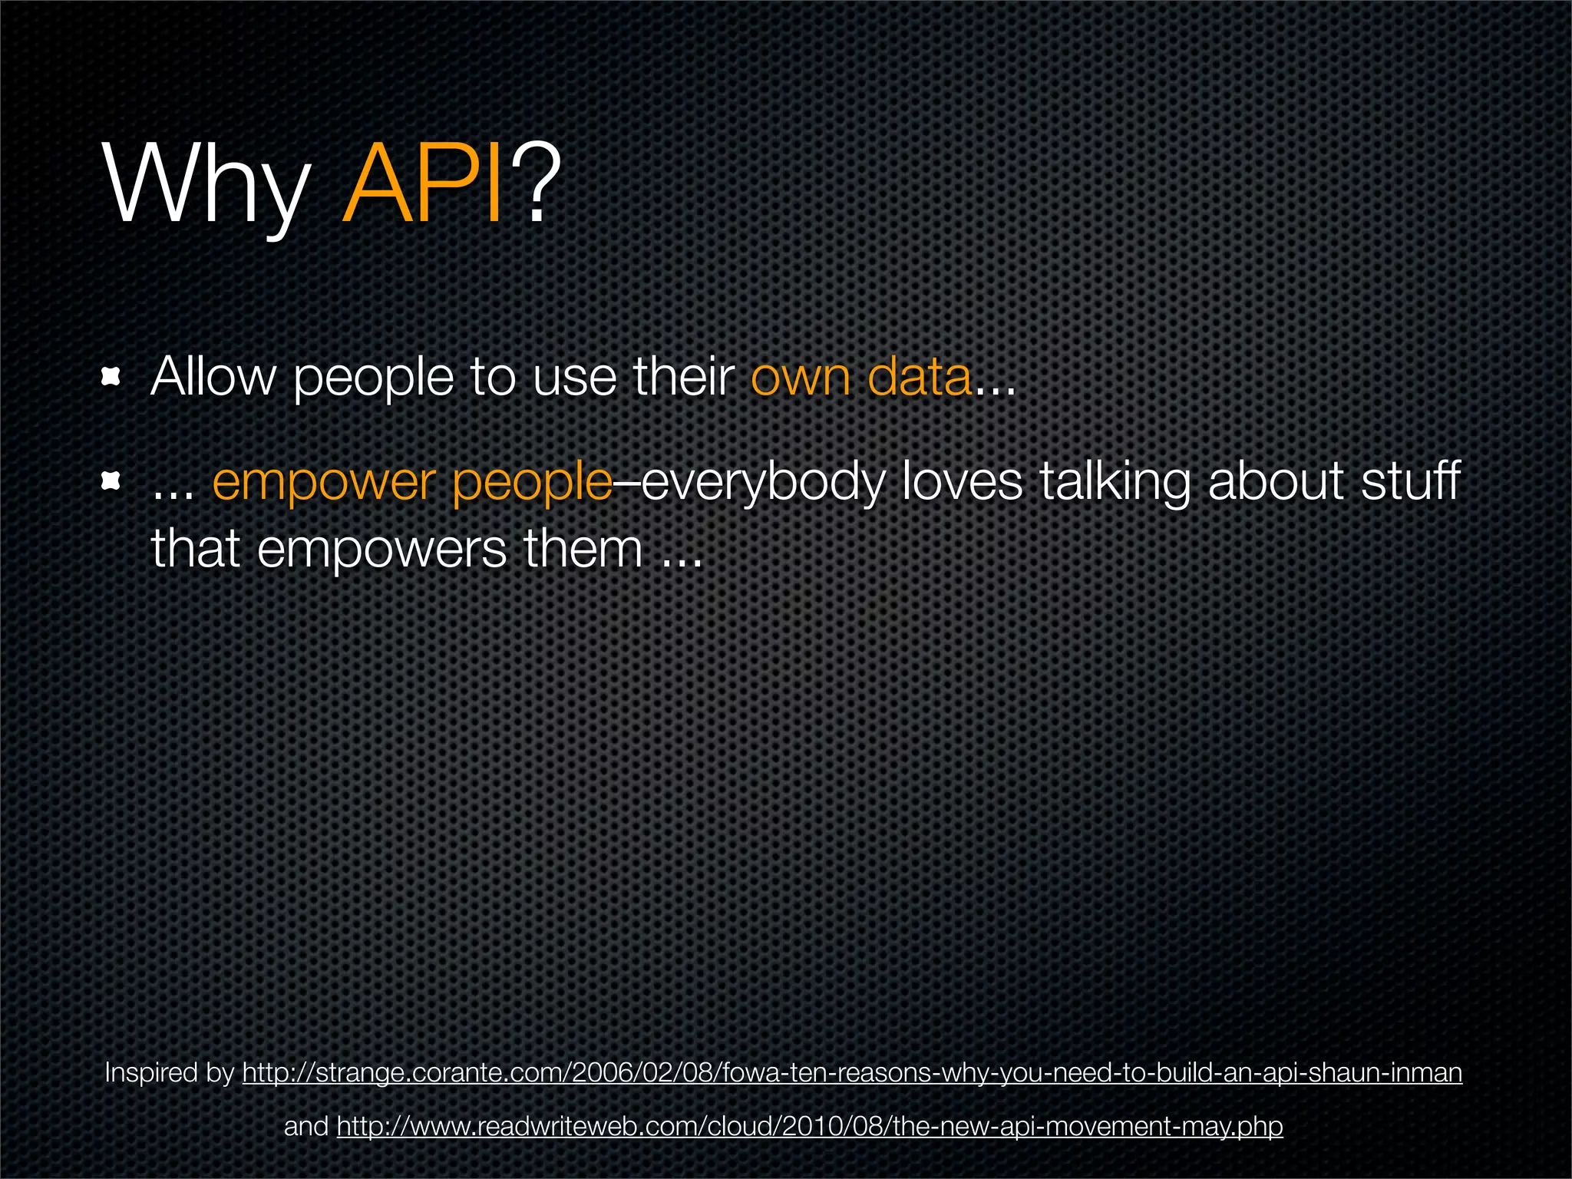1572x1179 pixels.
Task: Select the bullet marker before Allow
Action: coord(112,377)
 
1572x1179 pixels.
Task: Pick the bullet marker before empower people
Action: coord(112,481)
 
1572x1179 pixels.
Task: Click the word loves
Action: coord(962,482)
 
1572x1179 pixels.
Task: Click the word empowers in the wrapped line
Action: coord(381,550)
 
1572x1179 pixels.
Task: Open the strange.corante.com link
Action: coord(852,1072)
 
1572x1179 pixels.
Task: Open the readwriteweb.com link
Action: coord(810,1126)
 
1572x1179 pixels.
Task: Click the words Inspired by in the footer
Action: coord(169,1072)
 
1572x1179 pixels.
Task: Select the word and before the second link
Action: coord(306,1126)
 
